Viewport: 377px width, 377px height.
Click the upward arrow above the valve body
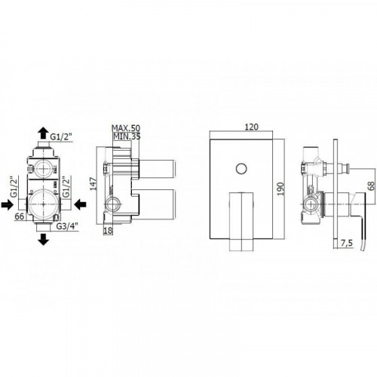click(44, 133)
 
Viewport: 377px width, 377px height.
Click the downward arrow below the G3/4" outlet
click(44, 239)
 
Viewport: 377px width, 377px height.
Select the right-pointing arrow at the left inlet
click(7, 204)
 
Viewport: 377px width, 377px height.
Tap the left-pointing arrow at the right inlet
click(81, 204)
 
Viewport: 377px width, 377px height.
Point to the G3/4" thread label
click(67, 226)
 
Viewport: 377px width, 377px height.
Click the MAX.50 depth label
click(126, 128)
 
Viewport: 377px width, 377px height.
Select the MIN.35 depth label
click(127, 136)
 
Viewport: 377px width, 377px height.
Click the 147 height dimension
click(93, 184)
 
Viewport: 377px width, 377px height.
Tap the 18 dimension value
click(108, 231)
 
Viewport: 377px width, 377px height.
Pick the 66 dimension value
click(20, 216)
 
